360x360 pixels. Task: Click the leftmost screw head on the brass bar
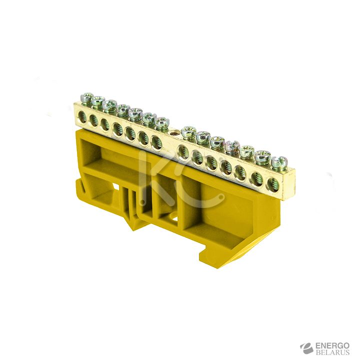point(87,97)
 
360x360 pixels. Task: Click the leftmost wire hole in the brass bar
point(81,116)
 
